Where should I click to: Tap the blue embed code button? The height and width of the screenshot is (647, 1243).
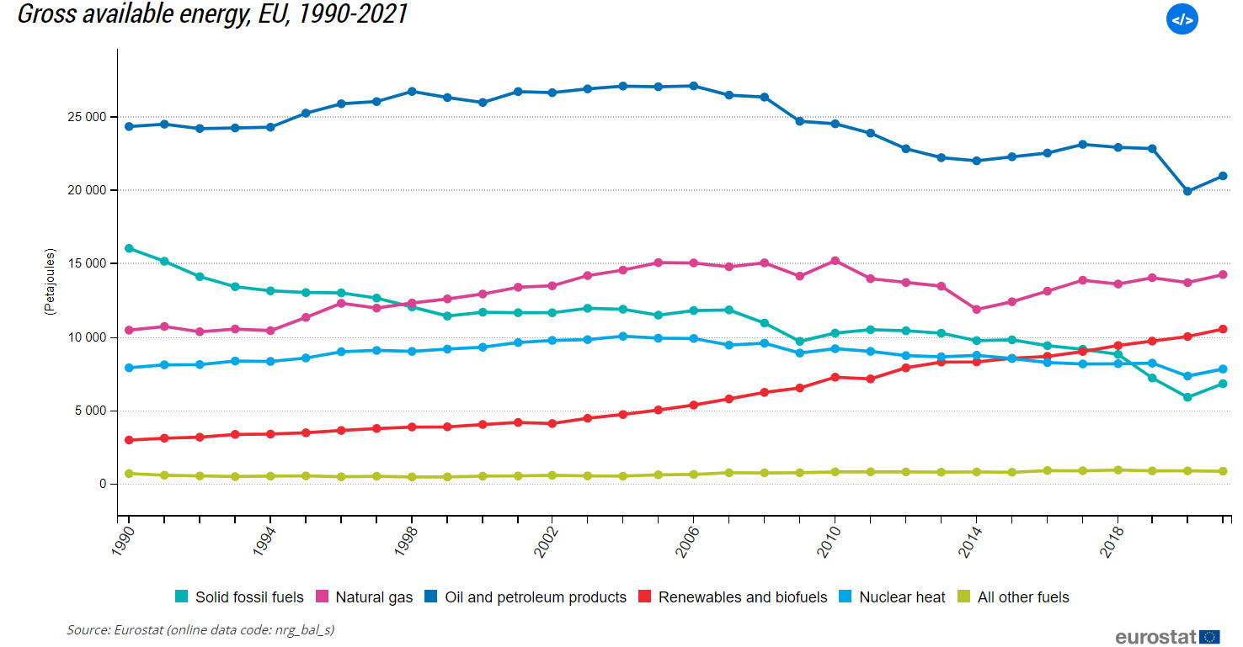coord(1182,19)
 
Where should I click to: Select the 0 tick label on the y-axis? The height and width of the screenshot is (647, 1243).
coord(103,484)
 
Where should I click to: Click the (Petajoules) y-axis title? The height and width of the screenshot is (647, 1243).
coord(51,282)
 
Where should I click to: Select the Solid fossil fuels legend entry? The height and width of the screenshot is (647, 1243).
coord(239,597)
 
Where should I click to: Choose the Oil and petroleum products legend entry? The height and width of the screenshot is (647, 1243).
coord(526,597)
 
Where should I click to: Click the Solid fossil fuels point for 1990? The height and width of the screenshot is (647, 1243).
coord(129,248)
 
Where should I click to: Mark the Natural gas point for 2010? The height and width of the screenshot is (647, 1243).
coord(835,261)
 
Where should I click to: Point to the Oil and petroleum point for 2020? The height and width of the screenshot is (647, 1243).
coord(1187,191)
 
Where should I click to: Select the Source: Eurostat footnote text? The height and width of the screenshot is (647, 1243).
coord(200,629)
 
